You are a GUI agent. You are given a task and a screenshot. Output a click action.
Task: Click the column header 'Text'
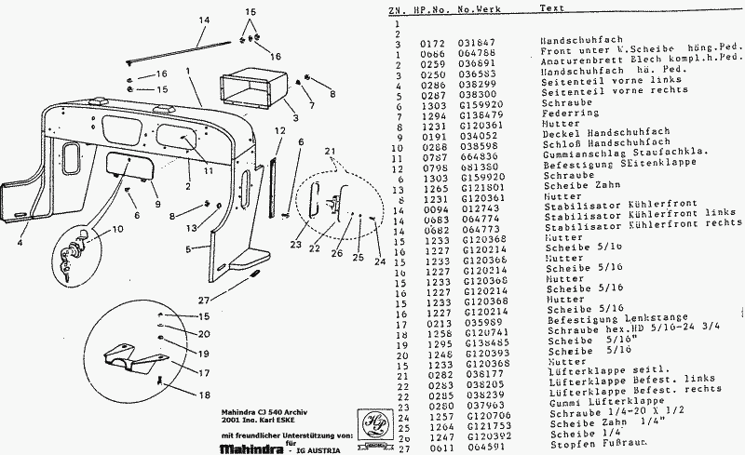click(551, 8)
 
